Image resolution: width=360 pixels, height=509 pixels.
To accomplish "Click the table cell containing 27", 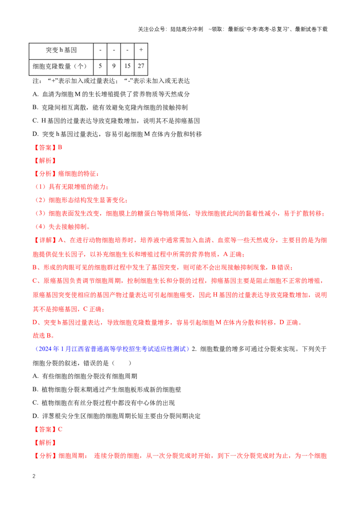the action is [x=141, y=66].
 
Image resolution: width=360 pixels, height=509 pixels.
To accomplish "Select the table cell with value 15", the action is [x=127, y=66].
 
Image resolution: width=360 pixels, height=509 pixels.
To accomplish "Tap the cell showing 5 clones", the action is [x=100, y=66].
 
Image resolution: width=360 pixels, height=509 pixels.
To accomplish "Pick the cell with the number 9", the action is [x=114, y=66].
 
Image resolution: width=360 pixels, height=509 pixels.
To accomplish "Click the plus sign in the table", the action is [x=141, y=50].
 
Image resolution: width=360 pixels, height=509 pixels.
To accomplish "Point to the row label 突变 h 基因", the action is [x=61, y=50].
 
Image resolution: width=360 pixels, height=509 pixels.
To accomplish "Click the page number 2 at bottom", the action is [x=34, y=476].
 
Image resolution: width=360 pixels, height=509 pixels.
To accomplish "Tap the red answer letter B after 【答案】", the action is [x=60, y=147].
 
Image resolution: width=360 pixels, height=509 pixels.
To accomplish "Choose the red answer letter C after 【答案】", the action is [x=60, y=429].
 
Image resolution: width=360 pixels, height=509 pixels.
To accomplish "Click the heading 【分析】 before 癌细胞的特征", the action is [x=45, y=174].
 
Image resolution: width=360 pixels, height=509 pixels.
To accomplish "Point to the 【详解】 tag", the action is [x=45, y=240].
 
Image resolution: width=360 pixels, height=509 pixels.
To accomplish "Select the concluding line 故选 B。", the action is [x=43, y=335].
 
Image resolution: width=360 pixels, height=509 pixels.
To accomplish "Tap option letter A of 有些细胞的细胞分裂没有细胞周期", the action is [x=36, y=376].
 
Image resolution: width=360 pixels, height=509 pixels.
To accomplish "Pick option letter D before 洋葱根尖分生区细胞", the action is [x=36, y=416].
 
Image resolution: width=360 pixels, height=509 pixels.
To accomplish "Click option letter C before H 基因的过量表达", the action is [x=36, y=121].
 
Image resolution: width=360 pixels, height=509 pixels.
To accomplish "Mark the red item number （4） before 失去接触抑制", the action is [x=40, y=227].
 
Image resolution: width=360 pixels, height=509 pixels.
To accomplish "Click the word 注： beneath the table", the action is [x=37, y=81].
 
